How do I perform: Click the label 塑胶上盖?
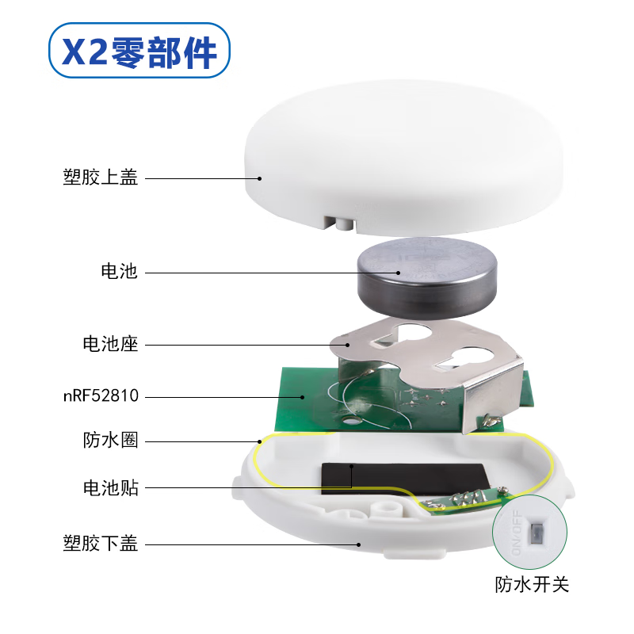pyautogui.click(x=101, y=178)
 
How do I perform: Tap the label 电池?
pyautogui.click(x=120, y=272)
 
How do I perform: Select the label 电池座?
pyautogui.click(x=110, y=345)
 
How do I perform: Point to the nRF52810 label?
pyautogui.click(x=101, y=394)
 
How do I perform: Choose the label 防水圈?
pyautogui.click(x=110, y=440)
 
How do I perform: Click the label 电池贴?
pyautogui.click(x=110, y=487)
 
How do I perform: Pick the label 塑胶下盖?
pyautogui.click(x=101, y=544)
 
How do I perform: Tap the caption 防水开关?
pyautogui.click(x=532, y=585)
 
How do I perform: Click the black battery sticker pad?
pyautogui.click(x=404, y=477)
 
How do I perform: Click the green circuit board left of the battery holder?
pyautogui.click(x=305, y=396)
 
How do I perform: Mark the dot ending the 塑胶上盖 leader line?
pyautogui.click(x=258, y=178)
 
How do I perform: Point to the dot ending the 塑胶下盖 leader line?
pyautogui.click(x=359, y=544)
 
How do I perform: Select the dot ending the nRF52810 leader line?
pyautogui.click(x=302, y=394)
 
